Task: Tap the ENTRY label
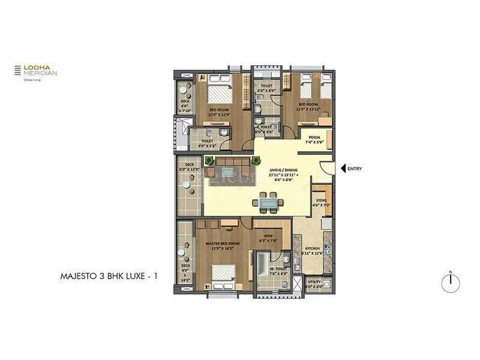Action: pos(355,169)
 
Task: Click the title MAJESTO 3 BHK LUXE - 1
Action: pos(103,277)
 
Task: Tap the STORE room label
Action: pos(322,203)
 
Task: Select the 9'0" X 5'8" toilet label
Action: pos(207,143)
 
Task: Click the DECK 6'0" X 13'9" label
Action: pos(190,167)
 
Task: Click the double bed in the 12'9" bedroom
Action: pos(218,95)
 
